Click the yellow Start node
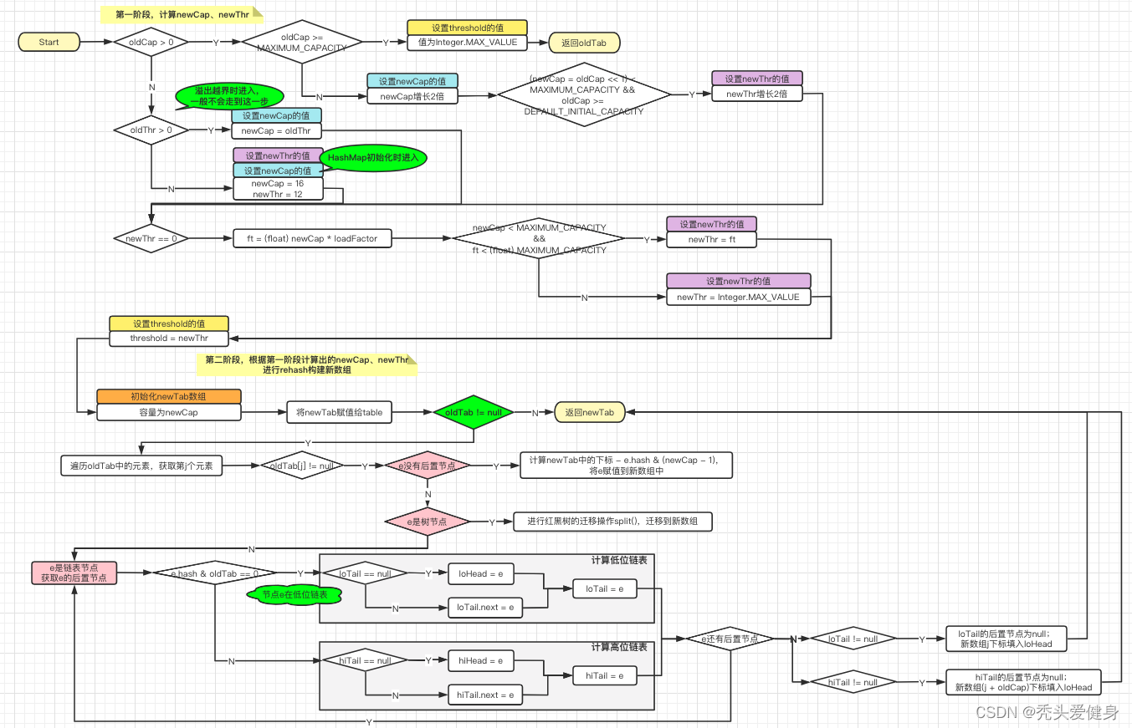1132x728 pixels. pos(49,42)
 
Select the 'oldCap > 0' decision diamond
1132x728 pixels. pos(151,41)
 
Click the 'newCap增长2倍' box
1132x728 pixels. pos(412,96)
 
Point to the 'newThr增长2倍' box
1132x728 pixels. pos(756,94)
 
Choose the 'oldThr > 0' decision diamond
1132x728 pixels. pos(151,130)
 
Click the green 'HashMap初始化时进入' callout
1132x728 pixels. pos(374,158)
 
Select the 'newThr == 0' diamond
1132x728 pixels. pos(151,238)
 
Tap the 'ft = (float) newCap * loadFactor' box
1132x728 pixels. pos(312,239)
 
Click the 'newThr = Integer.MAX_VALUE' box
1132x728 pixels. pos(738,297)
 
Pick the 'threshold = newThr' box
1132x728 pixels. pos(168,339)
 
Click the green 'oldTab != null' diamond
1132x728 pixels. pos(474,412)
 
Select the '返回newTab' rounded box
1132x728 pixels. pos(589,412)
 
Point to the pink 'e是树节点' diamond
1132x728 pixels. pos(427,522)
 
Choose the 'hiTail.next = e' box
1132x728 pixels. pos(485,695)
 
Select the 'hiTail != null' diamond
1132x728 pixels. pos(853,682)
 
